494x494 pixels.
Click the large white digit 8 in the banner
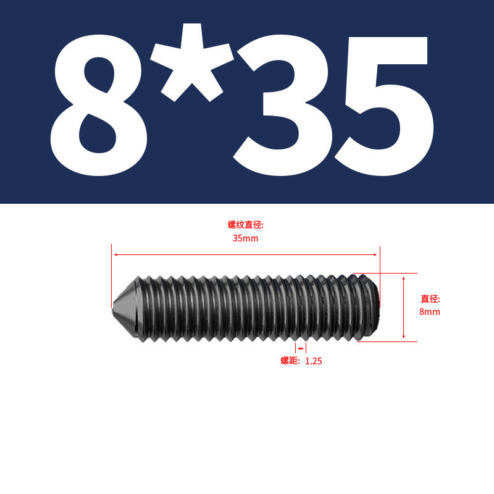pyautogui.click(x=98, y=106)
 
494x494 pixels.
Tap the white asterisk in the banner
pyautogui.click(x=192, y=63)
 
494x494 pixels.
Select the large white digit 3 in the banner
pyautogui.click(x=282, y=106)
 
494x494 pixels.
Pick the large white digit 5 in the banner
pyautogui.click(x=384, y=106)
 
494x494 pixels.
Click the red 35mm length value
pyautogui.click(x=245, y=238)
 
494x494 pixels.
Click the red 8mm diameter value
pyautogui.click(x=429, y=312)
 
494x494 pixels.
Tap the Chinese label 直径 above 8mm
pyautogui.click(x=430, y=298)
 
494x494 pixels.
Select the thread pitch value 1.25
pyautogui.click(x=314, y=361)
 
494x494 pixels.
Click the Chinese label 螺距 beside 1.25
pyautogui.click(x=290, y=361)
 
